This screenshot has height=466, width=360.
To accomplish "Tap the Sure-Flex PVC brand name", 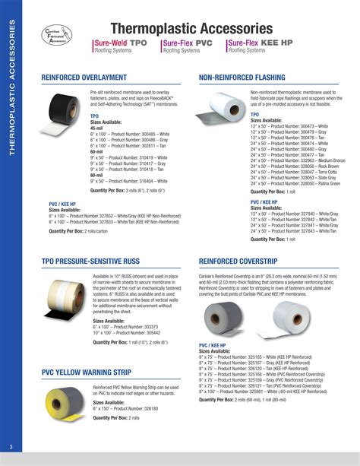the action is coord(187,43).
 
